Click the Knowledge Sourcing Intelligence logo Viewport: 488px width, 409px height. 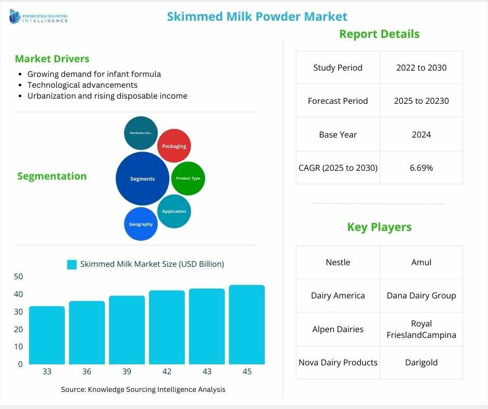pyautogui.click(x=38, y=18)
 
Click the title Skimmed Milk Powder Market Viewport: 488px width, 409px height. pyautogui.click(x=257, y=17)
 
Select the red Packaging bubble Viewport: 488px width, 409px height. pyautogui.click(x=174, y=146)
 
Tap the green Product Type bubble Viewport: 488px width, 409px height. pyautogui.click(x=188, y=178)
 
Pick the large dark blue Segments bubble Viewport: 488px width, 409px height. pyautogui.click(x=142, y=179)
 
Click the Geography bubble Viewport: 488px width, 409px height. pyautogui.click(x=141, y=224)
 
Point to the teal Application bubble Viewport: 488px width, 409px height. pyautogui.click(x=174, y=211)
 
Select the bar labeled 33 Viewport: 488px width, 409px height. pyautogui.click(x=47, y=335)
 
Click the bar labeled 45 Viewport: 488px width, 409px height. pyautogui.click(x=247, y=325)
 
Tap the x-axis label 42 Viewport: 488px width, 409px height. pyautogui.click(x=167, y=372)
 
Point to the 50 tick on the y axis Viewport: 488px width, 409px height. pyautogui.click(x=18, y=277)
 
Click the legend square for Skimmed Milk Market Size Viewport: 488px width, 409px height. pyautogui.click(x=72, y=264)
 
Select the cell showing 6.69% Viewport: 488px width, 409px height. pyautogui.click(x=421, y=168)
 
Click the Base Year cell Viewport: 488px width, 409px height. pyautogui.click(x=337, y=134)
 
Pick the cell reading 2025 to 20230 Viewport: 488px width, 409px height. pyautogui.click(x=421, y=101)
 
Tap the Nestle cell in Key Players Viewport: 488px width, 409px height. pyautogui.click(x=337, y=262)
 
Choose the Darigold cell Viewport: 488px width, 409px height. pyautogui.click(x=421, y=362)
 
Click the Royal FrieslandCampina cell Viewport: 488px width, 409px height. pyautogui.click(x=421, y=329)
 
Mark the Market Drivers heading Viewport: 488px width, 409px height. pyautogui.click(x=52, y=59)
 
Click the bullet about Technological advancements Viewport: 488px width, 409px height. pyautogui.click(x=82, y=85)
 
